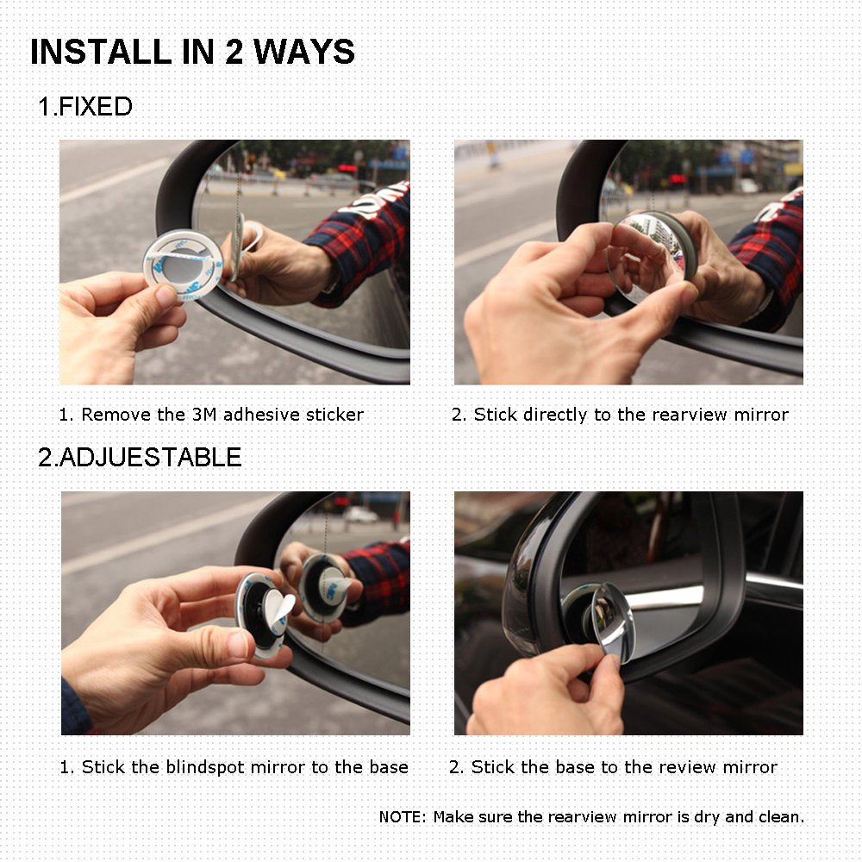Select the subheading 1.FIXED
tap(85, 107)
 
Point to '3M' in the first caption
tap(204, 415)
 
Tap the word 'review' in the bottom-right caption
tap(653, 767)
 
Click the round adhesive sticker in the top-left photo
tap(182, 263)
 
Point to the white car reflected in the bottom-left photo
tap(359, 515)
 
